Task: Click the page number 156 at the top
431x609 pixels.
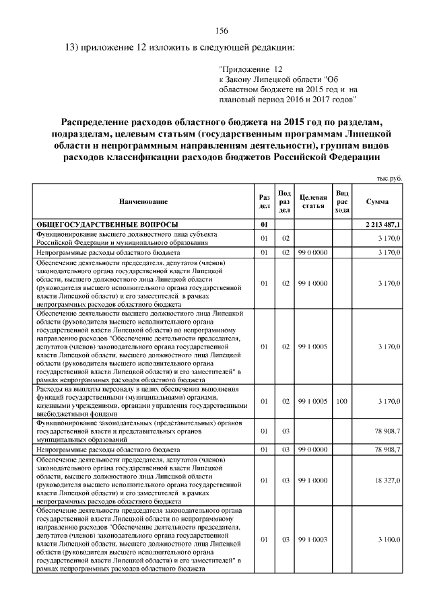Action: (222, 31)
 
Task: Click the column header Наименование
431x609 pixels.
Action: (143, 201)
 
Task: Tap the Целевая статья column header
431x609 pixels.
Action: (313, 201)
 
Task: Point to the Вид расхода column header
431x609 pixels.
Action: (342, 201)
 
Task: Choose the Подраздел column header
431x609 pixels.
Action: (285, 201)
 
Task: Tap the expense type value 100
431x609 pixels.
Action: (341, 402)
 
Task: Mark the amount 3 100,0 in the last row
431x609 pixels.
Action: (389, 540)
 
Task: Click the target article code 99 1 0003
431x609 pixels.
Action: (313, 540)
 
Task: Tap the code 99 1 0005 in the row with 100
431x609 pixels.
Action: (313, 402)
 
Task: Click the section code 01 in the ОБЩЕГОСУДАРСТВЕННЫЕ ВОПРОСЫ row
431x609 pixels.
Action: (264, 223)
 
